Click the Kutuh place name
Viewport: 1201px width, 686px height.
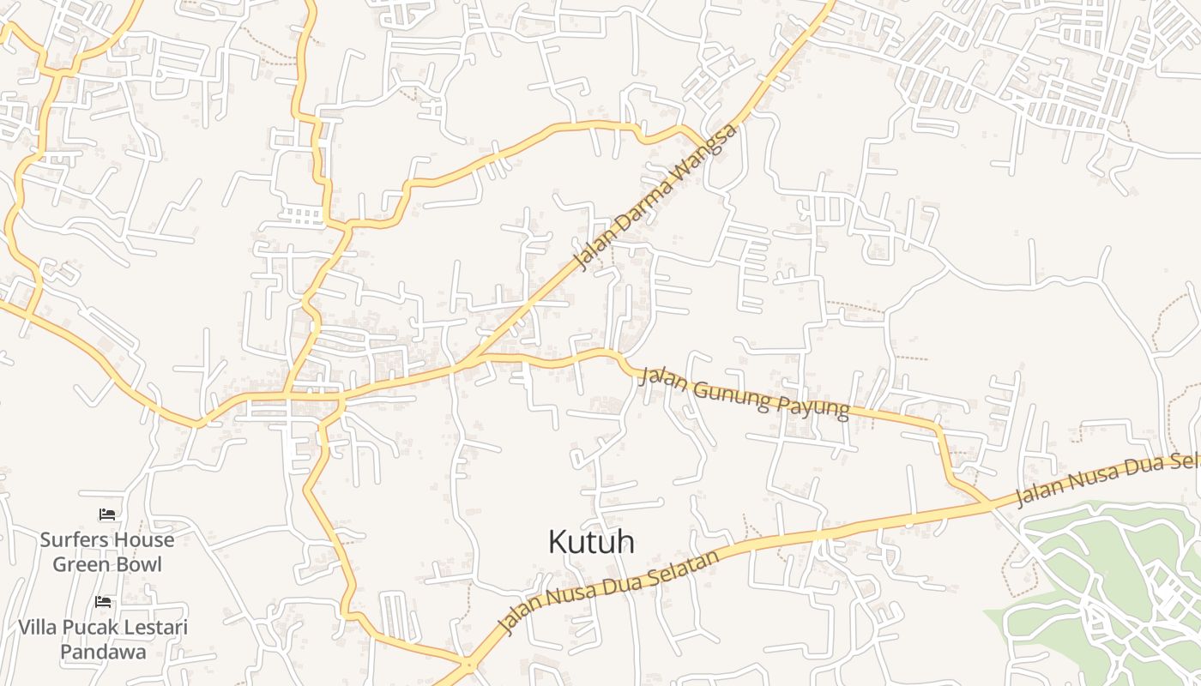pos(591,542)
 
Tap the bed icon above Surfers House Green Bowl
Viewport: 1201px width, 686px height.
pos(107,514)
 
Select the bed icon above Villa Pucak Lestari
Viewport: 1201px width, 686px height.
pos(103,602)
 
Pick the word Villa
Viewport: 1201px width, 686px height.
pos(39,628)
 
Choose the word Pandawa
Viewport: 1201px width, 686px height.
pos(103,652)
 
